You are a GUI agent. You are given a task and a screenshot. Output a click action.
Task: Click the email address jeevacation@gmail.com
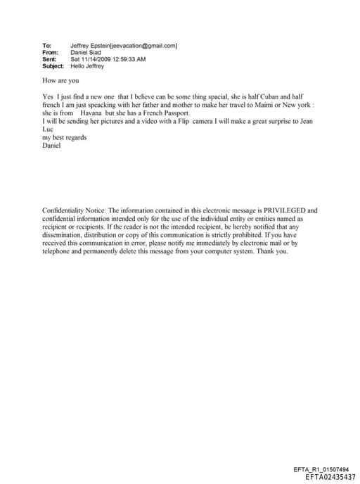click(x=148, y=46)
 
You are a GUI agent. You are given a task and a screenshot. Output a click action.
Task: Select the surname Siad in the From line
click(x=96, y=53)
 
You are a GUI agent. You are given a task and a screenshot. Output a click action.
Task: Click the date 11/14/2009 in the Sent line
click(x=96, y=59)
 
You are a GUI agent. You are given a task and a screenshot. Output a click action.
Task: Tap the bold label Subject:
click(x=53, y=66)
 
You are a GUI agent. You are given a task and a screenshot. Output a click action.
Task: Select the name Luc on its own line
click(x=48, y=129)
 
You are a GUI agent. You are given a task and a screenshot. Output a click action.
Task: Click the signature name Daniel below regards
click(x=51, y=146)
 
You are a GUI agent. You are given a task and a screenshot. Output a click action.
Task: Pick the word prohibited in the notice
click(x=236, y=235)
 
